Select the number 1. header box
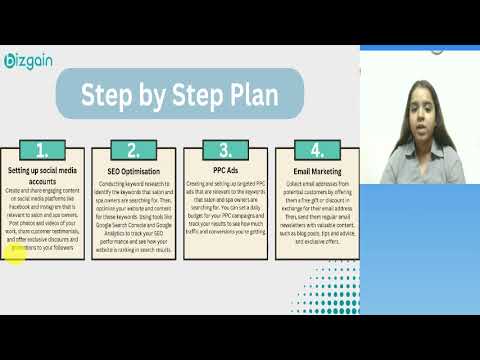point(42,151)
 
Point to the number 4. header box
point(316,151)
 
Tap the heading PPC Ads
point(224,172)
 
